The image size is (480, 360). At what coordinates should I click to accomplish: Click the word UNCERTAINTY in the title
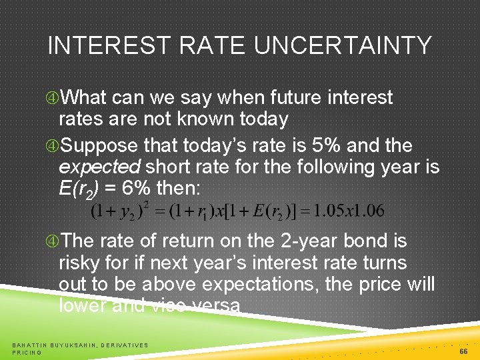343,46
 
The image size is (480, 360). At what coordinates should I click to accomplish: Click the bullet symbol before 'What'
53,98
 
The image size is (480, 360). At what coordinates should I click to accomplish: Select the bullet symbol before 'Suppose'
53,146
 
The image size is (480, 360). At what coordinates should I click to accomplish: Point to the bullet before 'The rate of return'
53,241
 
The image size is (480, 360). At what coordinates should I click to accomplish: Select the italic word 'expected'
99,167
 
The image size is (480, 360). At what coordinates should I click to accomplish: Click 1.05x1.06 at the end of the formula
350,211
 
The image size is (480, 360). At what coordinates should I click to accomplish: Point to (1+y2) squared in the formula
118,211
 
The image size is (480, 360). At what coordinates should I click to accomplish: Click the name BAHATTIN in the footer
33,345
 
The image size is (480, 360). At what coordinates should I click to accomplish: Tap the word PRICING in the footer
27,352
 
